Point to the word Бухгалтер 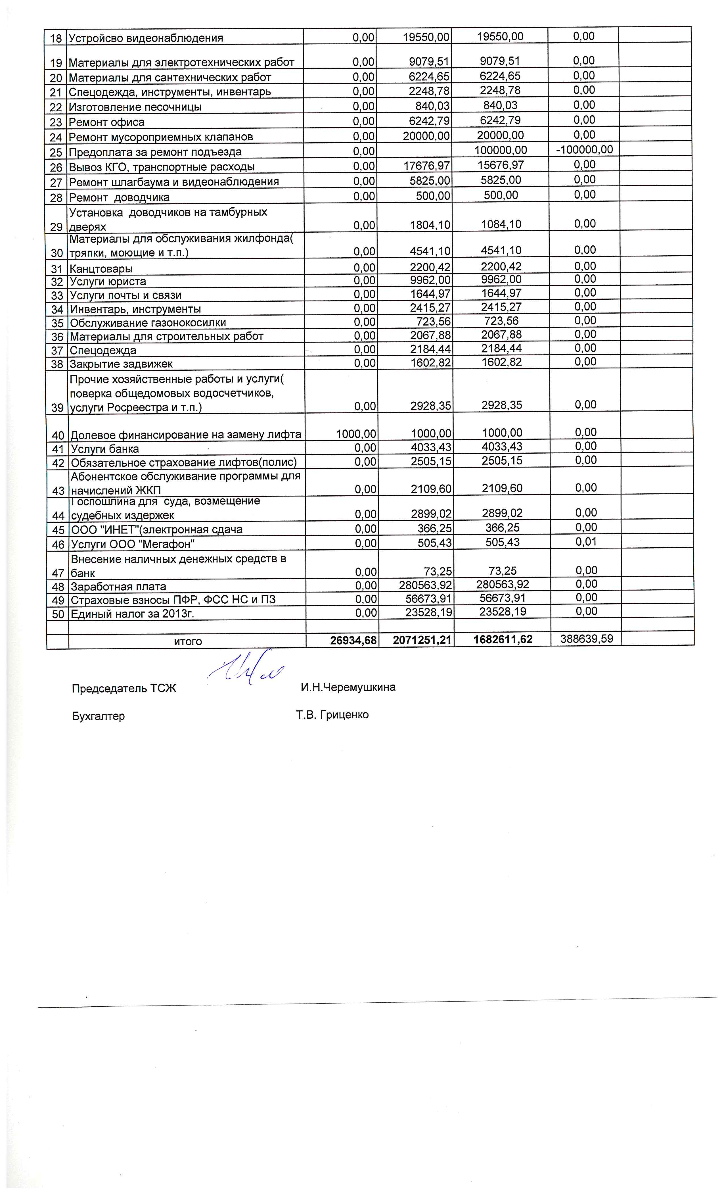coord(98,716)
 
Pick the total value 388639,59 coord(586,639)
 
